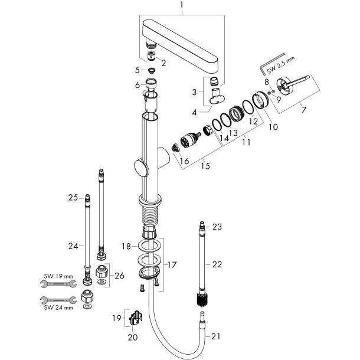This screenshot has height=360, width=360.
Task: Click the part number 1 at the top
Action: [181, 5]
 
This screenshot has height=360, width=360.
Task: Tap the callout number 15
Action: [205, 166]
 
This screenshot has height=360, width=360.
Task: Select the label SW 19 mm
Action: [58, 276]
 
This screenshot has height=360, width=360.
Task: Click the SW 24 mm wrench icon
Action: [58, 300]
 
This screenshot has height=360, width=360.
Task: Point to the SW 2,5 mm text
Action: [281, 65]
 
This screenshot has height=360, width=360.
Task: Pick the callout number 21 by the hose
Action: [215, 336]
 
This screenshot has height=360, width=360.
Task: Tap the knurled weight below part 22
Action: [202, 300]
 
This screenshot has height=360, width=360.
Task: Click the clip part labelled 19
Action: [136, 318]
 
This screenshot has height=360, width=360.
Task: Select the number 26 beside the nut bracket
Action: [119, 276]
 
